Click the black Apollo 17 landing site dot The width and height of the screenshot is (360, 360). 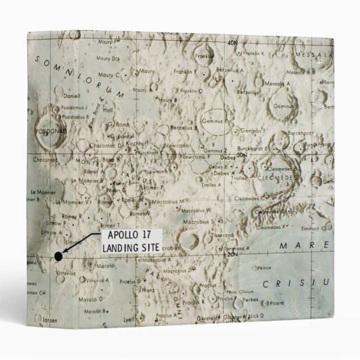(58, 257)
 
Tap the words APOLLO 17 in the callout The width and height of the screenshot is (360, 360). (121, 235)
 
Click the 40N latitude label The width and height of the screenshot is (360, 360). (233, 42)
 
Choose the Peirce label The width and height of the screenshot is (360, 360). (264, 268)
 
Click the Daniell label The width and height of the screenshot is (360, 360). (56, 96)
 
